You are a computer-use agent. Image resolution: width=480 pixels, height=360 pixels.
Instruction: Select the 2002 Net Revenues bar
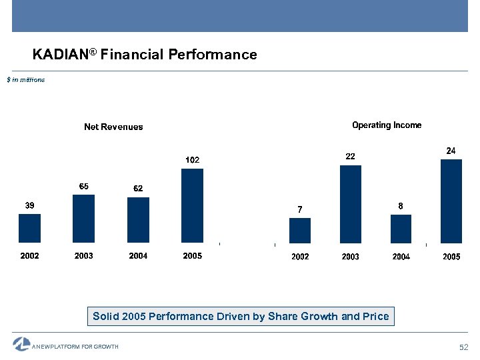(x=30, y=228)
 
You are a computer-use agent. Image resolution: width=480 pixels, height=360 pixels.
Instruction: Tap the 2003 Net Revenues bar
(x=83, y=219)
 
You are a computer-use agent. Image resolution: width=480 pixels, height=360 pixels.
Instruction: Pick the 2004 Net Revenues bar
(x=138, y=220)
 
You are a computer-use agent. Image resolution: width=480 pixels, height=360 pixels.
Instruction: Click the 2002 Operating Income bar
(x=300, y=231)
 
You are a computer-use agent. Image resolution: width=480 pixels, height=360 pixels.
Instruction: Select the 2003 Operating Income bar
(x=351, y=204)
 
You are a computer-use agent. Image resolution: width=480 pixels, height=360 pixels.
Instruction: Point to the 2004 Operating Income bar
(x=401, y=229)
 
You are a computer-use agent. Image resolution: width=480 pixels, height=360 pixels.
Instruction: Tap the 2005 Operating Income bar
(x=451, y=201)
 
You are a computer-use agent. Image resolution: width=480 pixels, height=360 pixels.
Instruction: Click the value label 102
(x=192, y=160)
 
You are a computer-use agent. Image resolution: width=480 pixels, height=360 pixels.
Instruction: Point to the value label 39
(x=30, y=205)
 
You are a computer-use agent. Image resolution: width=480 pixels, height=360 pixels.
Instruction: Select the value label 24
(x=451, y=151)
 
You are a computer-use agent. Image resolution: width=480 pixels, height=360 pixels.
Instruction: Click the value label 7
(x=300, y=209)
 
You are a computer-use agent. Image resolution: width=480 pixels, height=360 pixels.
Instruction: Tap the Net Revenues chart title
(x=113, y=127)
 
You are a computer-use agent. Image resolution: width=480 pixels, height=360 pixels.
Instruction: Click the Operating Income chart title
(x=387, y=125)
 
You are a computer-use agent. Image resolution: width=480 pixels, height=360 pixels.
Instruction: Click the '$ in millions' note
(x=26, y=80)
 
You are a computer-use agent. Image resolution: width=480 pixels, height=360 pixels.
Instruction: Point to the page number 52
(x=465, y=347)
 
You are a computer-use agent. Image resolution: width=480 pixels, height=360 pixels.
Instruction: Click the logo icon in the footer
(x=21, y=344)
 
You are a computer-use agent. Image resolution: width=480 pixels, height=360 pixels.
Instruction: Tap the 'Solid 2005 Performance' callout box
(x=241, y=316)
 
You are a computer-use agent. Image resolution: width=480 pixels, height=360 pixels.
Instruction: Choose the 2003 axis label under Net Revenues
(x=84, y=256)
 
